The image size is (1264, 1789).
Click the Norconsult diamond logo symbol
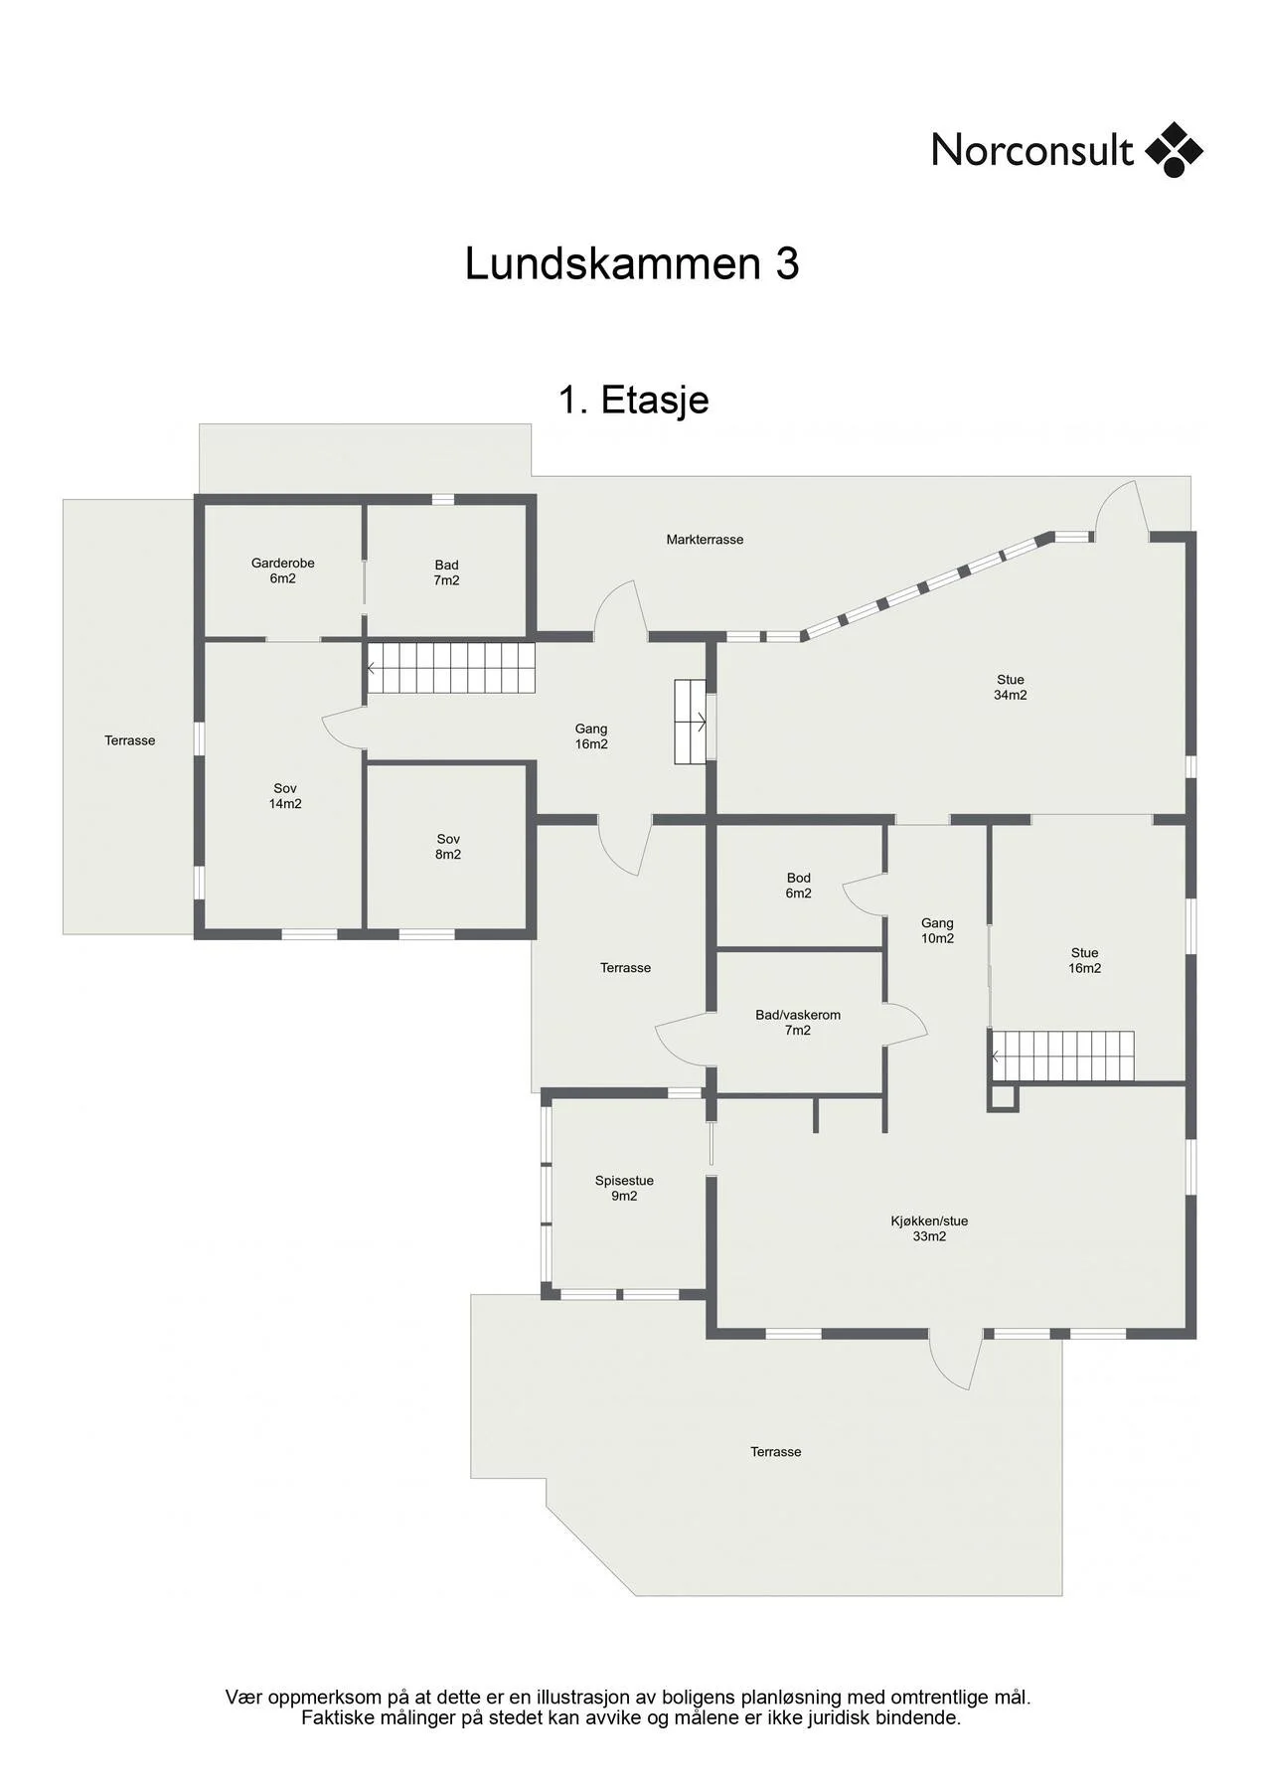pos(1175,149)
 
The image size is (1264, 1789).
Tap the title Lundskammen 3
pos(632,264)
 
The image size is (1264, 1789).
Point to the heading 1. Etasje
pos(633,400)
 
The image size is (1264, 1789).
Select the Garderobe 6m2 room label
pos(283,570)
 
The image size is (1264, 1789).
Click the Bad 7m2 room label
pos(446,572)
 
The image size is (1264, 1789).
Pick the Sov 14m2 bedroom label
pos(285,796)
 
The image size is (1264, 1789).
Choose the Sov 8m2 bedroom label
pos(448,847)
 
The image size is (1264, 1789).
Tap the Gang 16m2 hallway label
pos(591,736)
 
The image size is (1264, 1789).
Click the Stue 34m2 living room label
pos(1011,688)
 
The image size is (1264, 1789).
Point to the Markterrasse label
pos(705,540)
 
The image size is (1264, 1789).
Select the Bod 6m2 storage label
pos(799,886)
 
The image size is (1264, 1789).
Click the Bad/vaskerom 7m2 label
pos(798,1023)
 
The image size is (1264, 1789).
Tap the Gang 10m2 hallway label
pos(937,930)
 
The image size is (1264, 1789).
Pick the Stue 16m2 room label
pos(1085,960)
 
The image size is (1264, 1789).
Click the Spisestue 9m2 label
pos(624,1189)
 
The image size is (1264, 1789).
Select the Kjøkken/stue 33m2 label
pos(929,1229)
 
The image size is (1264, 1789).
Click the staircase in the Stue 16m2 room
pos(1062,1056)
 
